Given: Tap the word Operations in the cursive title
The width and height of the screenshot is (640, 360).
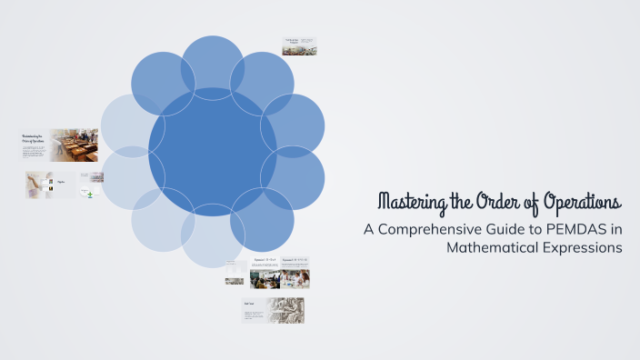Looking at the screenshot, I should (x=582, y=201).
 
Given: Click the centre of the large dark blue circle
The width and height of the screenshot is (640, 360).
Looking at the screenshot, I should (x=213, y=152).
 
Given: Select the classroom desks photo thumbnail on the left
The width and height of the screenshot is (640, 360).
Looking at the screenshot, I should (x=75, y=145).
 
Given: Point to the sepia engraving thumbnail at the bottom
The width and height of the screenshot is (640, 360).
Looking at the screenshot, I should (x=285, y=310).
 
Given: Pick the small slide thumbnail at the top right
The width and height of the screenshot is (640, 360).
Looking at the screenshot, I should (x=298, y=46).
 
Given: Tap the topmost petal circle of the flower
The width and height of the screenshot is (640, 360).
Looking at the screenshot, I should (x=213, y=65).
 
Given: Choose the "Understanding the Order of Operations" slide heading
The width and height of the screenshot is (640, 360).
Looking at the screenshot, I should (x=35, y=140).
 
